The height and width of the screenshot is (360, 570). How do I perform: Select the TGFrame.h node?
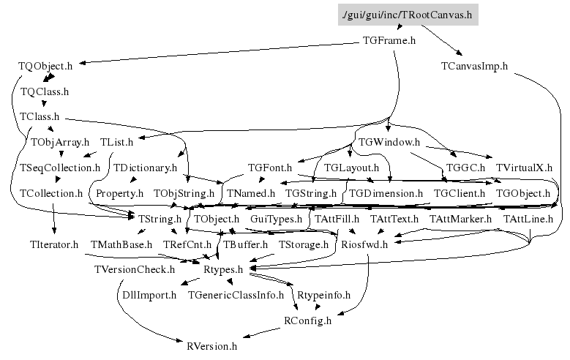click(x=389, y=41)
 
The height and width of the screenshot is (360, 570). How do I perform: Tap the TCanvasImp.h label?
click(x=474, y=66)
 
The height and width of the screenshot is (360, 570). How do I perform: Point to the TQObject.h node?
click(x=45, y=66)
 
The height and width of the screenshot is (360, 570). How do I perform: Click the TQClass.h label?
click(x=45, y=92)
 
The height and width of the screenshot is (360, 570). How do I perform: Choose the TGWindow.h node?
click(x=389, y=141)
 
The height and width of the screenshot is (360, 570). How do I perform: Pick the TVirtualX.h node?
click(x=524, y=168)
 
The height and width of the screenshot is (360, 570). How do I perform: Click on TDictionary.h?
click(x=146, y=168)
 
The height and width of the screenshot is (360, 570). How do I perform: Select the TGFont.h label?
click(x=270, y=168)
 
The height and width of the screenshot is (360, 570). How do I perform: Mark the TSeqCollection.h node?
click(x=60, y=168)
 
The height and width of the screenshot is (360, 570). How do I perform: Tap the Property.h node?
click(x=119, y=194)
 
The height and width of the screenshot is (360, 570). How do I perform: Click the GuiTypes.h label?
click(x=276, y=219)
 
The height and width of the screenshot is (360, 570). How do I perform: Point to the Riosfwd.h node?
click(x=364, y=244)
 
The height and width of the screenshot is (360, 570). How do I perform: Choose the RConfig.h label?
click(x=307, y=320)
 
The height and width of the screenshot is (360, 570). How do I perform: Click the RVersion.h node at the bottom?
click(x=212, y=346)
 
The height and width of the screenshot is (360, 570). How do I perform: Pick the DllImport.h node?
click(x=150, y=296)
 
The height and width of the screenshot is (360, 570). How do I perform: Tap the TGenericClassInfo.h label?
click(x=236, y=296)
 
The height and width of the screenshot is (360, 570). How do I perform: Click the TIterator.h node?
click(x=54, y=244)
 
